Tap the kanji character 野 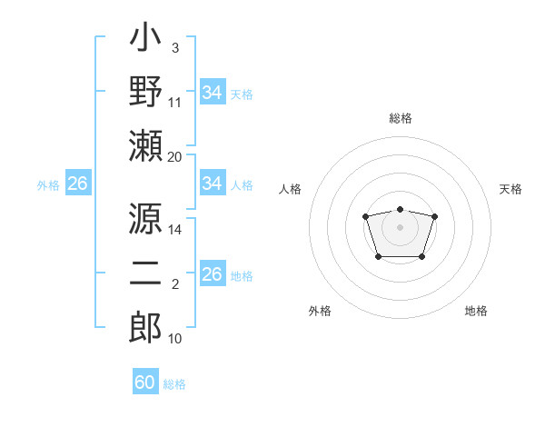tap(145, 94)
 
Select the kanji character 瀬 tap(145, 145)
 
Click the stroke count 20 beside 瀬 tap(174, 156)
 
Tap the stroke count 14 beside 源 tap(174, 230)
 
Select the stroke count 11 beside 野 tap(174, 103)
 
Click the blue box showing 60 tap(145, 382)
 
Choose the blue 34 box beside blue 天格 tap(213, 93)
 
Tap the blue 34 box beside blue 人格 tap(213, 184)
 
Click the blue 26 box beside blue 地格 tap(213, 274)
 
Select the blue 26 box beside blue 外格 tap(77, 184)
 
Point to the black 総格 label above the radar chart tap(401, 118)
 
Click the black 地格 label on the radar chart tap(476, 311)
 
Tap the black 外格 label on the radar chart tap(320, 311)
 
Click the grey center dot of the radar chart tap(400, 226)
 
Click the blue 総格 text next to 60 tap(174, 384)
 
